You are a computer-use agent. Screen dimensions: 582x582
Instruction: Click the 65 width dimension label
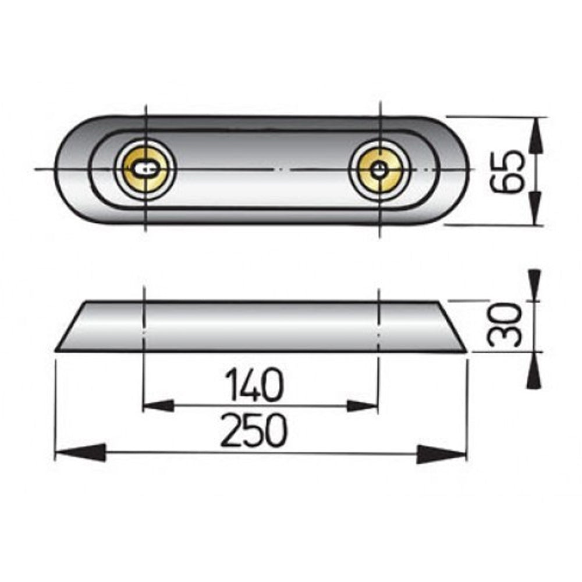click(x=503, y=172)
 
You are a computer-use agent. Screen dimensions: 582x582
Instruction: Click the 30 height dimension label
click(x=504, y=325)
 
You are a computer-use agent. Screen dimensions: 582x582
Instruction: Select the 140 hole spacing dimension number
click(x=255, y=386)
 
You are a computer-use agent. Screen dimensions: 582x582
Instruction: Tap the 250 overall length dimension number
click(x=254, y=432)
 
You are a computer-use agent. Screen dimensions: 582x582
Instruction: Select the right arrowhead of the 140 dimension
click(x=364, y=406)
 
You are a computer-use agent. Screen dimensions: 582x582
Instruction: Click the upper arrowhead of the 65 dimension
click(x=535, y=134)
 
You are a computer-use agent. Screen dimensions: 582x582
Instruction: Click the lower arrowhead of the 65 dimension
click(x=535, y=208)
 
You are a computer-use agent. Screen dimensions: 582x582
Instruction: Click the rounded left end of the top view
click(x=70, y=170)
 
